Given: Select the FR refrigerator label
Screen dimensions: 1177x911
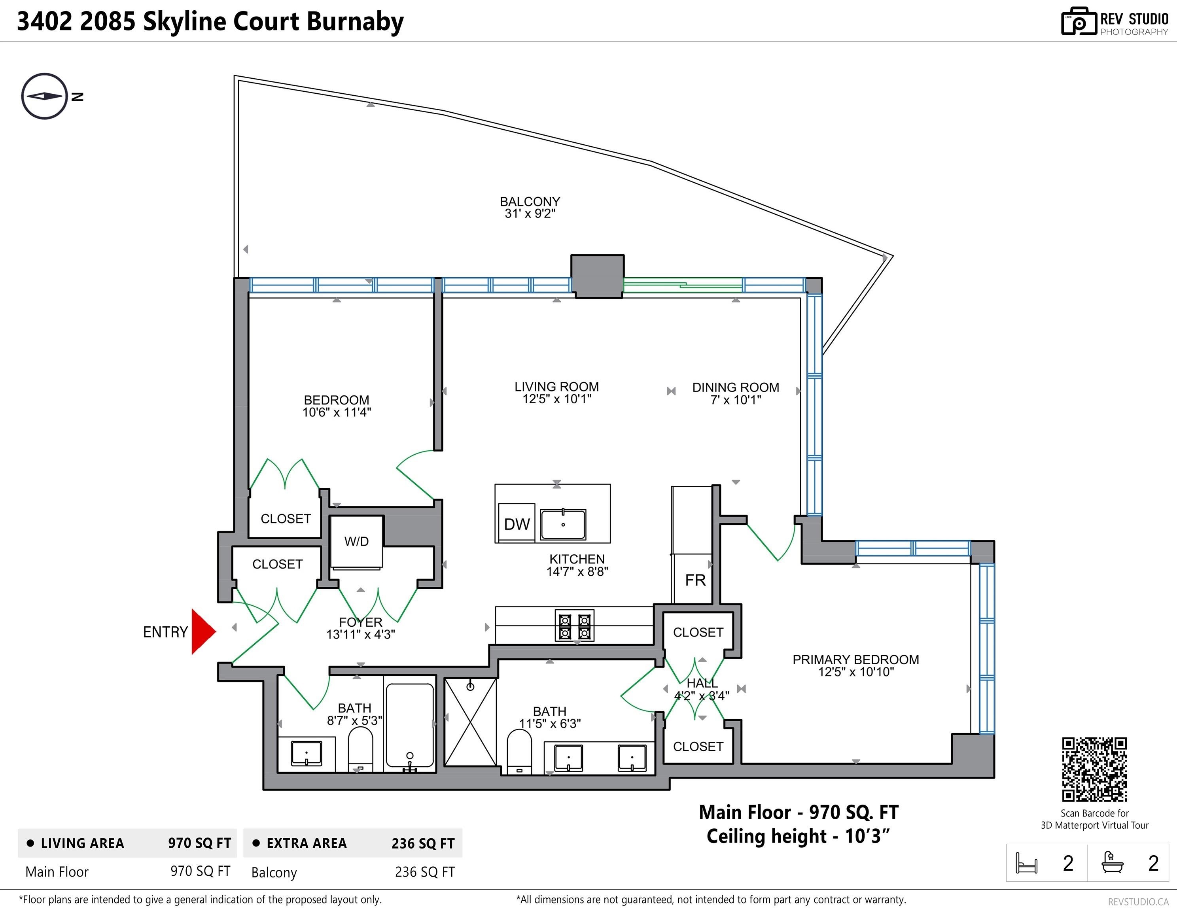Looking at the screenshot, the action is coord(695,580).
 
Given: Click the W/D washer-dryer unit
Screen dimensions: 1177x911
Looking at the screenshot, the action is coord(356,542).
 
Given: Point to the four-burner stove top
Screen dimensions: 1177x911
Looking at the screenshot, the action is coord(575,626).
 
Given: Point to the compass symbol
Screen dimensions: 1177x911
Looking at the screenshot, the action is coord(45,96).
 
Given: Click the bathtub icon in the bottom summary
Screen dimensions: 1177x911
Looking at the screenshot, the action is coord(1112,862).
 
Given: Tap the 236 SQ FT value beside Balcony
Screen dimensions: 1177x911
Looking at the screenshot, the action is coord(425,872).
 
